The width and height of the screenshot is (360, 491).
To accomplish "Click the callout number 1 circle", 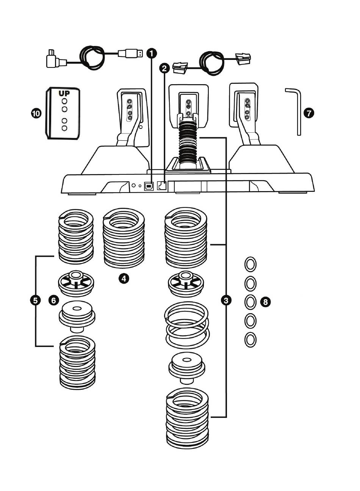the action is pos(152,53).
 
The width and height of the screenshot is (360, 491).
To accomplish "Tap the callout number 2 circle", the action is pos(164,69).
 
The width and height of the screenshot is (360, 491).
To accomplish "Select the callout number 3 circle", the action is pos(226,300).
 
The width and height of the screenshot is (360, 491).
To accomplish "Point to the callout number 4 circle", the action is pos(124,279).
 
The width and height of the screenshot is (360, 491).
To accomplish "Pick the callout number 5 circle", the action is pos(35,301).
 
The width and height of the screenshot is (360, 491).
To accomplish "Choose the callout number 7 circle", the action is pos(309,113).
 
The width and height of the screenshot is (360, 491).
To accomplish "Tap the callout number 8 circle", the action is pos(265,302).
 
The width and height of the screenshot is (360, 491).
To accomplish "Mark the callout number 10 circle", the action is pos(36,113).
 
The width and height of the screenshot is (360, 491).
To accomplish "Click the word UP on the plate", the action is pos(64,94).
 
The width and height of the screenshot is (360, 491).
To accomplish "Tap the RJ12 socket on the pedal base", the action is pos(161,186).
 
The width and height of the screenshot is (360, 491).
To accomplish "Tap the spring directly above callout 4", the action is pos(124,238).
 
